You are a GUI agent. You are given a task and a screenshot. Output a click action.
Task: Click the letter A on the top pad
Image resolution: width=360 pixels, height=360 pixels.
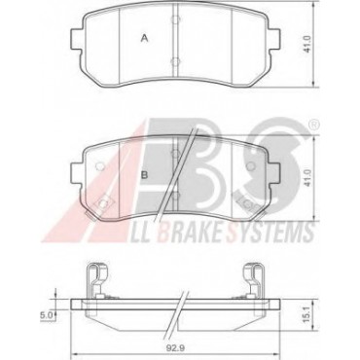pos(145,39)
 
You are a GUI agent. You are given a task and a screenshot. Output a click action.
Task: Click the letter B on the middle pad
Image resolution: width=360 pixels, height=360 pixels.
pos(144,175)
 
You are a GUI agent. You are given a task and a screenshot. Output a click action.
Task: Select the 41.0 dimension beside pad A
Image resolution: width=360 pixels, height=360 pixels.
pos(307,44)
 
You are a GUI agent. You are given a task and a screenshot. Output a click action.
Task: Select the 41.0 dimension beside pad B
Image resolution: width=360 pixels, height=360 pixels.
pos(307,178)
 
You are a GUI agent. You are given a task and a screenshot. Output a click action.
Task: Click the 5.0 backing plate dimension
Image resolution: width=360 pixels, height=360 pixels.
pos(47,315)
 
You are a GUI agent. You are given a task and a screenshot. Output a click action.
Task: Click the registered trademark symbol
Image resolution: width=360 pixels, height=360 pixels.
pos(314,124)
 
